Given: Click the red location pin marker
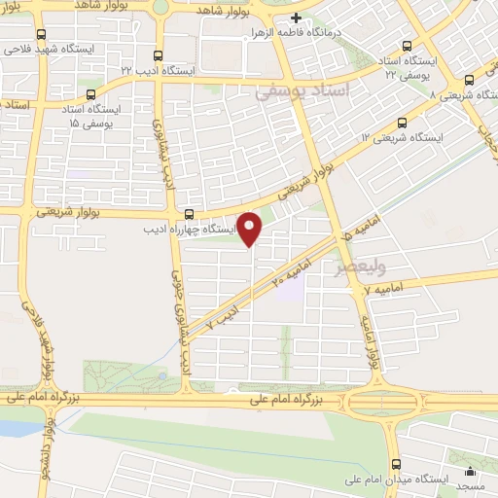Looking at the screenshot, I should [251, 229].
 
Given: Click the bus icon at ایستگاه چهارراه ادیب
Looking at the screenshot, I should [189, 215].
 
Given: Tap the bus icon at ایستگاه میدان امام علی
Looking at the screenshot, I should [395, 464].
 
